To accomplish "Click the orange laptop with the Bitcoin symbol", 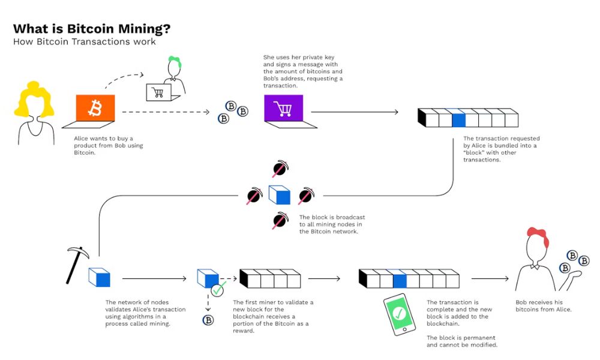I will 95,109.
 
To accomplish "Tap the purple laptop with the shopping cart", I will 283,109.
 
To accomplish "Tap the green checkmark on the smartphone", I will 400,313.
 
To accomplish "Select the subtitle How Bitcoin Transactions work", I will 85,42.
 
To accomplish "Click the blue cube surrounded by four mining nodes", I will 280,195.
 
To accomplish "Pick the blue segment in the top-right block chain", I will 458,119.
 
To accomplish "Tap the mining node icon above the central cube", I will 279,169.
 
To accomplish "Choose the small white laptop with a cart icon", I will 159,92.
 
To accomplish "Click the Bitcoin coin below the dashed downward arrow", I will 208,320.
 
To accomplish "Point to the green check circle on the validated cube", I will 217,291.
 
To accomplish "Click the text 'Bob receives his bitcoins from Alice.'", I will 544,305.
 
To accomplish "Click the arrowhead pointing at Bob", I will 508,279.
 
